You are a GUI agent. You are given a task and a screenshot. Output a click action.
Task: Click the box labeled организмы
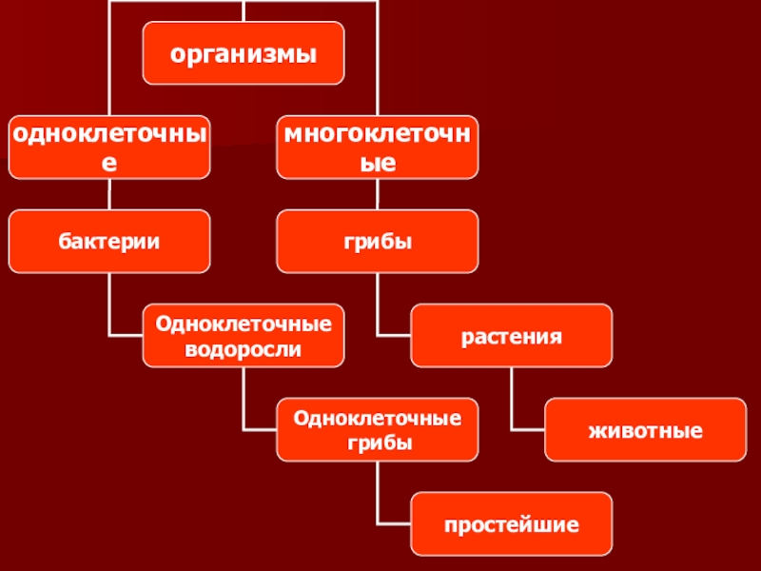coord(243,51)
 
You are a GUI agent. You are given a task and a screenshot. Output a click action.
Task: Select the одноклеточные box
coord(109,147)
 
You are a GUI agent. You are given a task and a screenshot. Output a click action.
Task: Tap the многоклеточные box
coord(378,147)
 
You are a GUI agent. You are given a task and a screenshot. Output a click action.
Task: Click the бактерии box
coord(109,242)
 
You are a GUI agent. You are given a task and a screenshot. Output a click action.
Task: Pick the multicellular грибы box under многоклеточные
coord(378,242)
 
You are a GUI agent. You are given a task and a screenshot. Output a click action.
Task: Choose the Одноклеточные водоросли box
coord(243,336)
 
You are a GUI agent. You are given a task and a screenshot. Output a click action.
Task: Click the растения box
coord(512,336)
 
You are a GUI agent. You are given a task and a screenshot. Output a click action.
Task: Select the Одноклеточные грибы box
coord(378,430)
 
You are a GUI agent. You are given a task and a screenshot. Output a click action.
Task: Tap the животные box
coord(645,430)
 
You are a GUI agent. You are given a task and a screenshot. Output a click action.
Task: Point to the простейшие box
coord(512,524)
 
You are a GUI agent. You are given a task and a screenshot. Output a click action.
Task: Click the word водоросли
coord(243,348)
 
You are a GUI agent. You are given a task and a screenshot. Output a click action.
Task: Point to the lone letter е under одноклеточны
coord(109,163)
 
